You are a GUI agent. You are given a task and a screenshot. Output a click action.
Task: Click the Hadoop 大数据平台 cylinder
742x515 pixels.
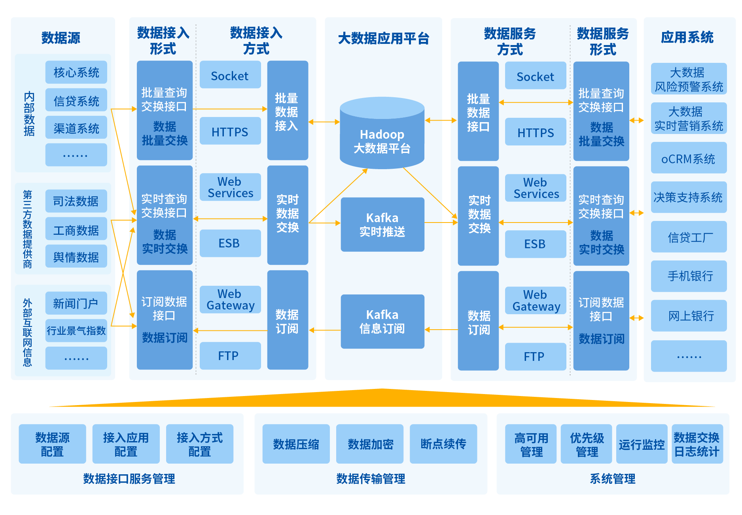click(x=382, y=134)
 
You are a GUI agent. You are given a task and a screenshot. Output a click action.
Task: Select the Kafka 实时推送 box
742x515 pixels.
click(x=382, y=224)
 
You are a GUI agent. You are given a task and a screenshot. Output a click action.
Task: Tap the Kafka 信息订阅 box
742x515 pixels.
click(x=382, y=321)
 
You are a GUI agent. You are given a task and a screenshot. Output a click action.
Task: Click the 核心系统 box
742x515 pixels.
click(x=76, y=72)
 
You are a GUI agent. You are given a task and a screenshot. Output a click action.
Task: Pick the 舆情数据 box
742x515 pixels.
click(x=76, y=257)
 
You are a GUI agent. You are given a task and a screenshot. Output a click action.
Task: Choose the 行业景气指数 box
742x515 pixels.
click(x=76, y=330)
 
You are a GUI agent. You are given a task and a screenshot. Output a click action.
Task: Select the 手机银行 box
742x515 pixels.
click(x=689, y=276)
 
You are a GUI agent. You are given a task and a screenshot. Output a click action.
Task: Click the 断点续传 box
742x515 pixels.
click(x=443, y=444)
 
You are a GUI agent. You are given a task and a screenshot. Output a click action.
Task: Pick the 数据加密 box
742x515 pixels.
click(x=370, y=444)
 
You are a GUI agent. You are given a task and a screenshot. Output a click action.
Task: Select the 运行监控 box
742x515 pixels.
click(x=641, y=444)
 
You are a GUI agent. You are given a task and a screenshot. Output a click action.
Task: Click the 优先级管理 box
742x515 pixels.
click(x=586, y=444)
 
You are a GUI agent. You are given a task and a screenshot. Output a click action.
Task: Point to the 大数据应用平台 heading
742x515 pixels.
click(x=383, y=39)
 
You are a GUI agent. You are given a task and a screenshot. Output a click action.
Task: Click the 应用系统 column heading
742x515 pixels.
click(x=687, y=38)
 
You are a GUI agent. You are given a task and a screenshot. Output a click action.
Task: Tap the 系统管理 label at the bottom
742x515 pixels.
click(x=612, y=479)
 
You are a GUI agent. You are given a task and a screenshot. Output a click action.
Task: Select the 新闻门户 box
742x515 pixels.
click(x=76, y=303)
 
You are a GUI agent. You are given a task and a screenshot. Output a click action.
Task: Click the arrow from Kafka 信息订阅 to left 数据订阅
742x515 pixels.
click(x=325, y=330)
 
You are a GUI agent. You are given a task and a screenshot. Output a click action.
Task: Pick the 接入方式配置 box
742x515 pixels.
click(x=199, y=444)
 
